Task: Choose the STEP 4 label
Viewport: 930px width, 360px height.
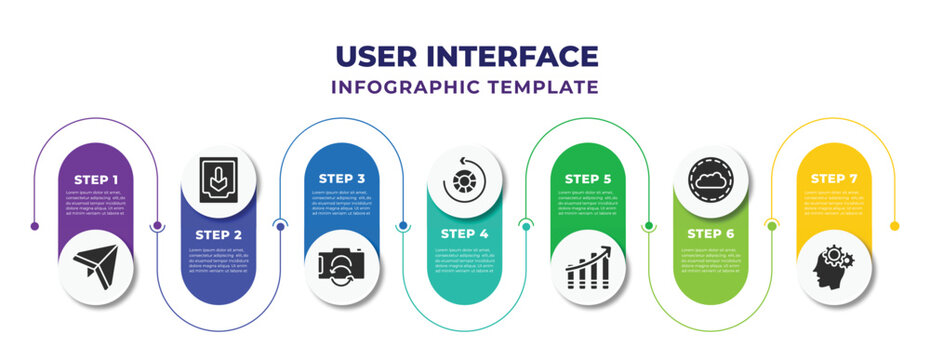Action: [x=465, y=233]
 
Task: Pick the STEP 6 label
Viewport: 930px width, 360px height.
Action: [x=711, y=233]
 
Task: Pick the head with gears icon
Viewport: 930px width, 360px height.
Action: [x=834, y=265]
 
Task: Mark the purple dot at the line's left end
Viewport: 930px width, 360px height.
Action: [x=35, y=226]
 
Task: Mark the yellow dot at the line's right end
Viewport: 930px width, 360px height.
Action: [x=896, y=226]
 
